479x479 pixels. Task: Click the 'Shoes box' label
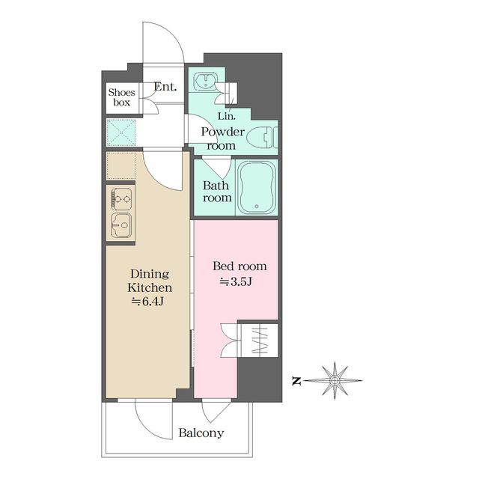[121, 97]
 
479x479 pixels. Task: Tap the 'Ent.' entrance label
[165, 87]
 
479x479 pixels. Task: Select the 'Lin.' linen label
[227, 116]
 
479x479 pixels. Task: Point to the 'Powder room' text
[222, 138]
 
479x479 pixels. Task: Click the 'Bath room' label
[217, 192]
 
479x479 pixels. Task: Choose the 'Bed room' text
[239, 266]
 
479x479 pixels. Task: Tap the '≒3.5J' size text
[236, 281]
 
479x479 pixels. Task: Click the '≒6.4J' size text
[147, 302]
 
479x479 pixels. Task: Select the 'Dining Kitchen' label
[150, 281]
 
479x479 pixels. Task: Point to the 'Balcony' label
[201, 433]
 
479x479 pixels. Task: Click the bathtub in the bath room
[257, 187]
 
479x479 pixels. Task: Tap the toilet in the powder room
[262, 138]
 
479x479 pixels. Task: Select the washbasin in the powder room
[206, 81]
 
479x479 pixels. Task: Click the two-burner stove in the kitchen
[121, 199]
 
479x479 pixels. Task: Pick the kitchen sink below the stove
[121, 225]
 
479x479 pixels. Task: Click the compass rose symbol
[335, 381]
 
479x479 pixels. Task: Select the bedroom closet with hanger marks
[260, 341]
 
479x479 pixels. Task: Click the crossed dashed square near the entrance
[121, 132]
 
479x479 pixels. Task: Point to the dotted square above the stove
[121, 166]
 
